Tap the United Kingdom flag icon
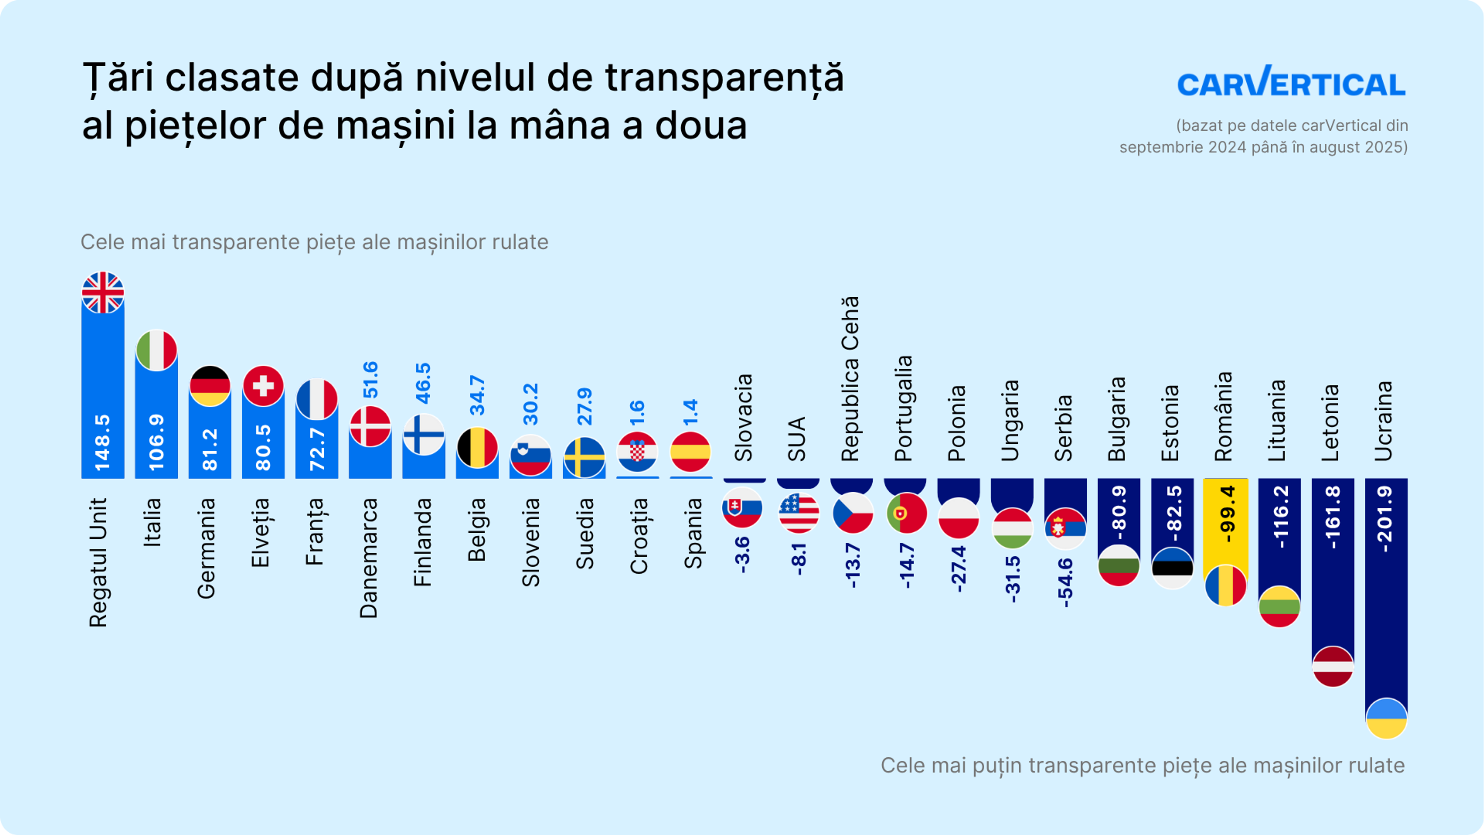coord(102,293)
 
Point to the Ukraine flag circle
coord(1386,718)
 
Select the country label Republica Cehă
coord(850,378)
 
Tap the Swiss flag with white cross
coord(263,385)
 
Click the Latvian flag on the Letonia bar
coord(1333,666)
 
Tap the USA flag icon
coord(798,512)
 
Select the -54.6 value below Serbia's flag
coord(1065,582)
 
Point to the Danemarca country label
coord(369,558)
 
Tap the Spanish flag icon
coord(690,452)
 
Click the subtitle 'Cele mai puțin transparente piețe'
coord(1142,765)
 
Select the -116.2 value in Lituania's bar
coord(1279,517)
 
